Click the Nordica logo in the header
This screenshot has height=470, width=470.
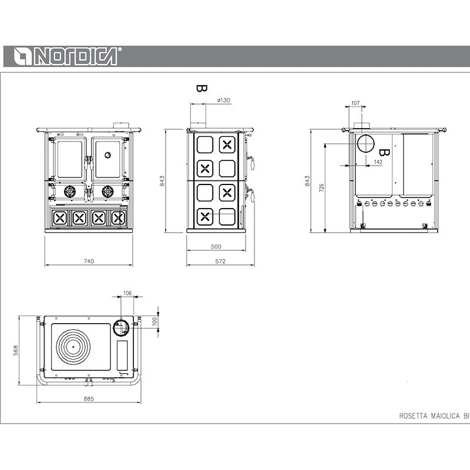tap(68, 56)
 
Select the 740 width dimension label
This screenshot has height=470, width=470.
tap(89, 261)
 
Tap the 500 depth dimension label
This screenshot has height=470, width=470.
tap(216, 246)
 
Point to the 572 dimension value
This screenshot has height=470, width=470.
tap(220, 261)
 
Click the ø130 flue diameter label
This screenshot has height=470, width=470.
tap(224, 100)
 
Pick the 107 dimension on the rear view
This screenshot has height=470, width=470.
tap(355, 103)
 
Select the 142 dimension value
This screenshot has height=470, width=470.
tap(378, 162)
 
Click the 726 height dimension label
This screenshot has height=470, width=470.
tap(321, 187)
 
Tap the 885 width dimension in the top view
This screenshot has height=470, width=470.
tap(89, 399)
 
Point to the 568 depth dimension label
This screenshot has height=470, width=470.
tap(16, 350)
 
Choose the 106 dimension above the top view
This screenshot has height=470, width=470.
tap(127, 293)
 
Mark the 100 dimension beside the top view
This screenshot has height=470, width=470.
tap(155, 321)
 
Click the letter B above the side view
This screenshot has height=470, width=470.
tap(202, 89)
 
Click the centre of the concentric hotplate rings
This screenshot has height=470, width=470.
tap(73, 347)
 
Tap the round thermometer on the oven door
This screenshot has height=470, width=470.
tap(108, 155)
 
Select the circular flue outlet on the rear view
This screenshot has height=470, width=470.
tap(365, 143)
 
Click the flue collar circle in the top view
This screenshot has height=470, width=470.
tap(122, 327)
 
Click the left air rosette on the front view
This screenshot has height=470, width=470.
tap(70, 192)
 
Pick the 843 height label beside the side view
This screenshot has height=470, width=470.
tap(162, 181)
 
